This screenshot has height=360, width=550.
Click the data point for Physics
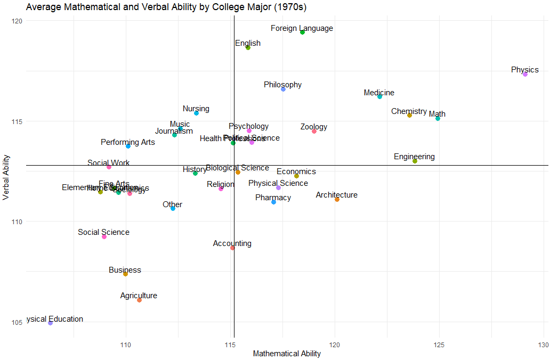tap(525, 74)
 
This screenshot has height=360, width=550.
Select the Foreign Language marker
tap(302, 32)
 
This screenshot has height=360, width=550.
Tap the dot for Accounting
tap(232, 248)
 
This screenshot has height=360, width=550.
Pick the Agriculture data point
tap(139, 300)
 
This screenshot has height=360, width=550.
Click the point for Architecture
tap(337, 199)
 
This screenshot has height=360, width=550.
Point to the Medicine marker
tap(379, 96)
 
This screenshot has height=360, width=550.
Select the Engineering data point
tap(415, 161)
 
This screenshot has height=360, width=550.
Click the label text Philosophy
tap(282, 85)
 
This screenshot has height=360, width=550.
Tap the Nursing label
tap(196, 109)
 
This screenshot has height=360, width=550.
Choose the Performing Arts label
tap(128, 142)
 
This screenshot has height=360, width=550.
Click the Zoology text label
tap(314, 127)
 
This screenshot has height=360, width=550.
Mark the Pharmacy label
tap(273, 198)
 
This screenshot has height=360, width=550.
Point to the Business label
tap(125, 270)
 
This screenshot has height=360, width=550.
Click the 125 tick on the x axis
tap(440, 345)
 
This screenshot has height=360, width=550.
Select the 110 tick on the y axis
tap(17, 222)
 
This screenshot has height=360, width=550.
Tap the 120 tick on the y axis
tap(17, 21)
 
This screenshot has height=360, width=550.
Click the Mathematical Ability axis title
tap(287, 354)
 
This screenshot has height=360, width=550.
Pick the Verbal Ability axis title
tap(6, 177)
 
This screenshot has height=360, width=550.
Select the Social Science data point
tap(104, 236)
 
